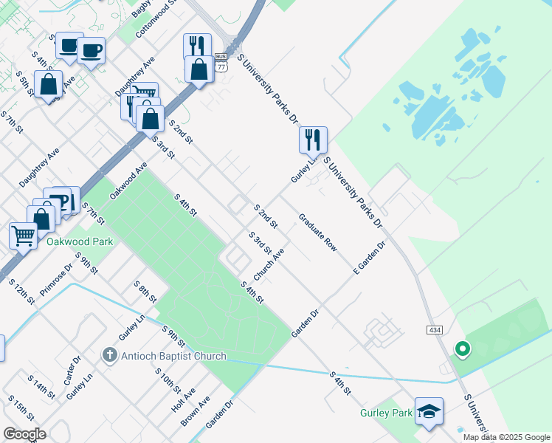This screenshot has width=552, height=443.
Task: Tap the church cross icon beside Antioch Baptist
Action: (109, 356)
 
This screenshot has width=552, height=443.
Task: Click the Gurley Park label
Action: (386, 413)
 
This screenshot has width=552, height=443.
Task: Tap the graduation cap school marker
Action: (429, 411)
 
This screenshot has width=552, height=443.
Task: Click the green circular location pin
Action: (463, 348)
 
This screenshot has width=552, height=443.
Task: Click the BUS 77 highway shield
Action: (221, 61)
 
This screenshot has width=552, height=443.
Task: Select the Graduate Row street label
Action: (317, 233)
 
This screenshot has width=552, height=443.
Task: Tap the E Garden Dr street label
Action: (370, 255)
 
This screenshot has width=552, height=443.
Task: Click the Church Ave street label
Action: (269, 264)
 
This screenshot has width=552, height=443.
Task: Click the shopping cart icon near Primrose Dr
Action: (23, 236)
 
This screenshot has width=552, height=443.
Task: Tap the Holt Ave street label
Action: (183, 400)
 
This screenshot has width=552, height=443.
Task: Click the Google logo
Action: (24, 434)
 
